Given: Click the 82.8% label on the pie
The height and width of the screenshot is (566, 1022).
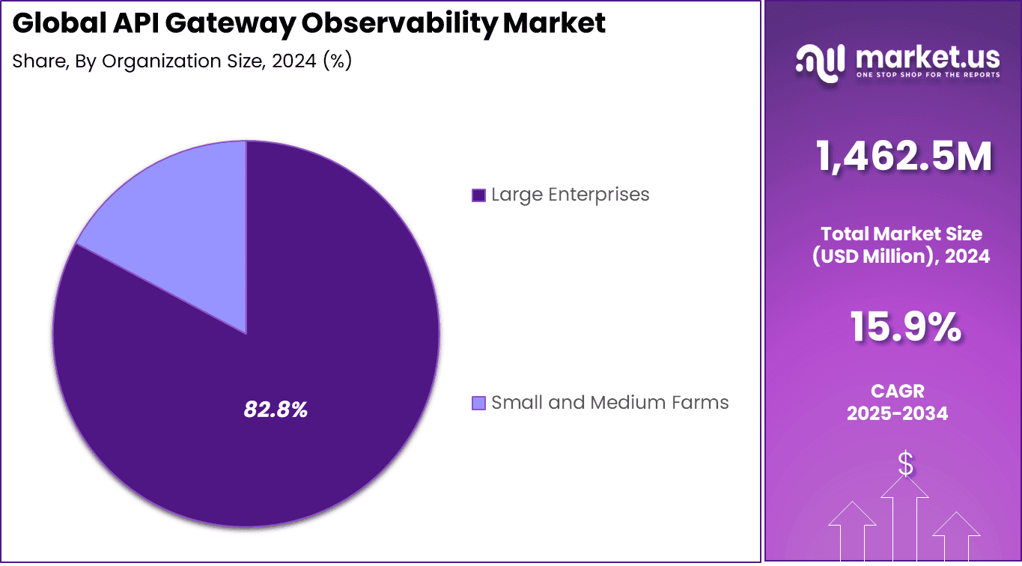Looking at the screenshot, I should coord(276,410).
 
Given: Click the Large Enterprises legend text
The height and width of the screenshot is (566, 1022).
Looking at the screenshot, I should coord(570,195).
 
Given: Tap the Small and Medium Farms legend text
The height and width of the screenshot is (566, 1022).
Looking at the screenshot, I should coord(609,403).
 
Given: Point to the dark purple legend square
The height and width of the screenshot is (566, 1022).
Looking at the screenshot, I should coord(478,195).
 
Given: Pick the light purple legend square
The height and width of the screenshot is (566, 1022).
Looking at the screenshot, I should coord(478,404).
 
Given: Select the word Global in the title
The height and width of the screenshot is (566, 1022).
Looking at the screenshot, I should coord(59,24).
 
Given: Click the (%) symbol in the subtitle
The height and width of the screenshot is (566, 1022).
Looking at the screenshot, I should coord(337,61).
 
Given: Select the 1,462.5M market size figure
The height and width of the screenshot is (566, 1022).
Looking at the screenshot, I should coord(904,157).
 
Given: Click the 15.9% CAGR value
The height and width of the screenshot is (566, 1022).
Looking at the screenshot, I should coord(904,327).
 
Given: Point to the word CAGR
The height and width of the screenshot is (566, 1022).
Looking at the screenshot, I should coord(897,391).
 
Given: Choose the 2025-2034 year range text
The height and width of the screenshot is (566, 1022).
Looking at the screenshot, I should coord(897,413).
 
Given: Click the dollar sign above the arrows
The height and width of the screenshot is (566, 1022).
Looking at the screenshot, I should coord(905,464).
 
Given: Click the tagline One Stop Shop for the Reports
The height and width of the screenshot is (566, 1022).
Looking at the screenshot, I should coord(927,75).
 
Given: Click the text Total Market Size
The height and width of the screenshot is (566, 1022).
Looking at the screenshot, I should coord(901,233).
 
